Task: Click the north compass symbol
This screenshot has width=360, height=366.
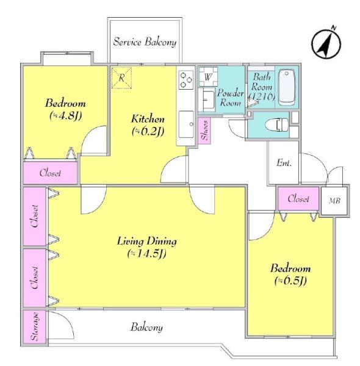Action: coord(326,43)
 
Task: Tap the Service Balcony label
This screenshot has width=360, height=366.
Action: coord(145,42)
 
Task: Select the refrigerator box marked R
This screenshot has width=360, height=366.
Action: coord(121,78)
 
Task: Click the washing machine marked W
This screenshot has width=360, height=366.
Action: coord(208,77)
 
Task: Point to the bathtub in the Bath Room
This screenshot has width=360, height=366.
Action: coord(287,87)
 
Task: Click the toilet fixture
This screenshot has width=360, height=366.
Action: coord(277,124)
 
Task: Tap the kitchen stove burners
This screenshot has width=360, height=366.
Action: coord(186,79)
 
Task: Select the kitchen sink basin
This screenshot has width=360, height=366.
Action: coord(186,124)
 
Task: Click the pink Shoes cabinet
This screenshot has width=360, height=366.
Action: coord(204,131)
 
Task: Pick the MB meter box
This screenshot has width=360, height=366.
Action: coord(334,201)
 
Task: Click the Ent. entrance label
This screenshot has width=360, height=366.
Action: coord(284,163)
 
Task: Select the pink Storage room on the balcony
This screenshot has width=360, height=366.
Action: coord(35,326)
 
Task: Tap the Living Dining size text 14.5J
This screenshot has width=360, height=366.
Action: coord(147,254)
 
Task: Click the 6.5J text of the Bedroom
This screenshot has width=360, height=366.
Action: coord(290,281)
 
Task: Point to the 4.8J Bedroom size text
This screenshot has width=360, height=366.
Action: coord(66,115)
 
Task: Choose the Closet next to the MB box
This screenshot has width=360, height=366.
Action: coord(298,199)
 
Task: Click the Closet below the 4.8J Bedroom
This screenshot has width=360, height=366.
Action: coord(50,173)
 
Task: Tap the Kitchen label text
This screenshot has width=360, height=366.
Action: coord(148,119)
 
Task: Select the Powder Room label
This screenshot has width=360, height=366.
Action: coord(230,98)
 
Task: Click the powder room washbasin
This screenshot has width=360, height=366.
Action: coord(207,100)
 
